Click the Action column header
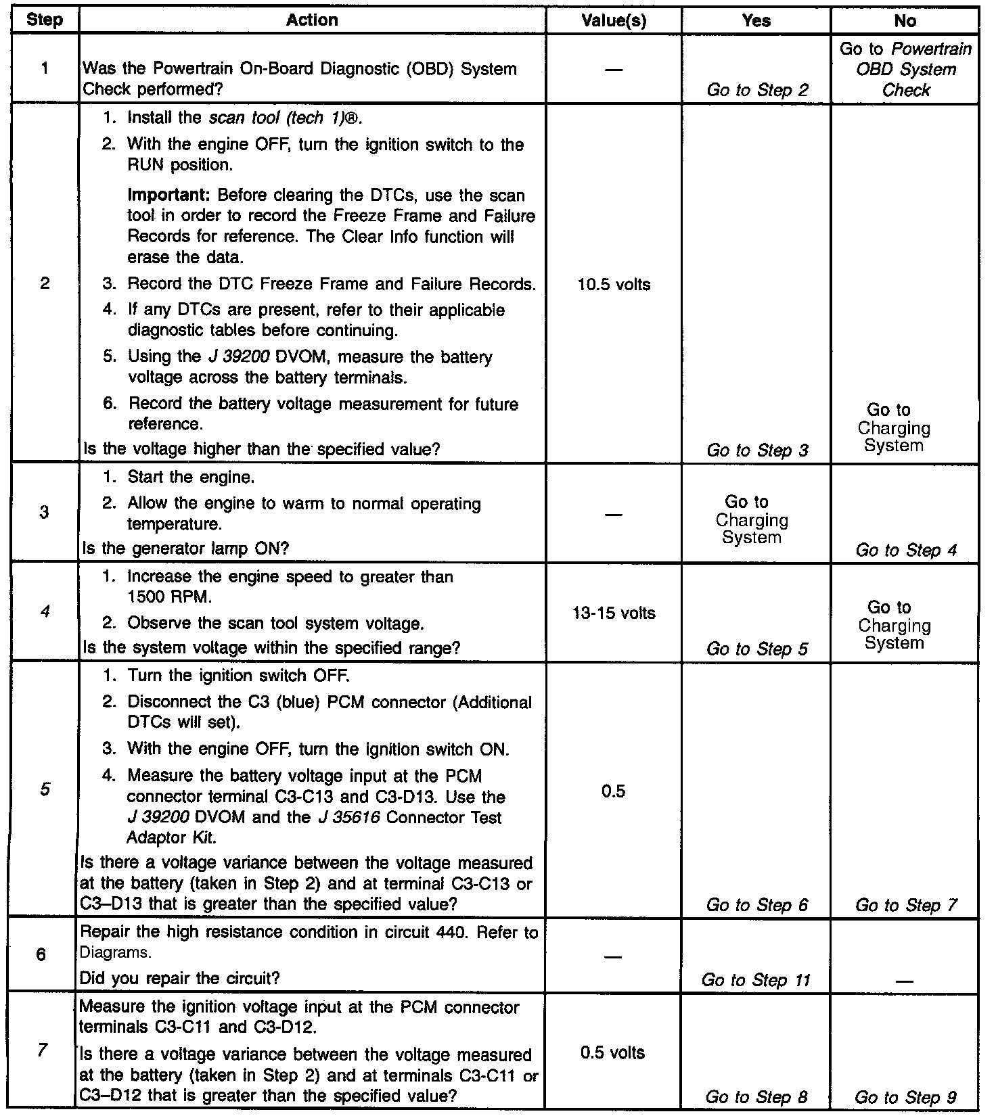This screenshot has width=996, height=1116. coord(312,20)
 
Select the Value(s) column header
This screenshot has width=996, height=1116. coord(614,21)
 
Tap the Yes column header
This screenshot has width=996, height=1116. coord(756,21)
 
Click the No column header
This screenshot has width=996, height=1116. coord(905,21)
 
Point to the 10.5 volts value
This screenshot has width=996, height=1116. coord(614,285)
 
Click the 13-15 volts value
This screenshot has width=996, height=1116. coord(614,613)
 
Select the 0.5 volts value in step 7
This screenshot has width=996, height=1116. coord(613,1053)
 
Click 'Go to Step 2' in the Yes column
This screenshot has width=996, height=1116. coord(757,90)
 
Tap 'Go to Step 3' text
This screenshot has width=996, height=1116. coord(757,450)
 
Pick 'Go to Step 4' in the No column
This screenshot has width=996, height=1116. coord(906,550)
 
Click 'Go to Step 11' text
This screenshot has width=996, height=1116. coord(756,980)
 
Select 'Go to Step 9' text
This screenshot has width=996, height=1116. coord(906,1098)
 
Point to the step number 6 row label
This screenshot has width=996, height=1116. coord(41,956)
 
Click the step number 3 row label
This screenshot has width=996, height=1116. coord(44,513)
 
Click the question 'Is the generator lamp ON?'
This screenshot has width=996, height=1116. coord(185,549)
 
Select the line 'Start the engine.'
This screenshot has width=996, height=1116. coord(191,478)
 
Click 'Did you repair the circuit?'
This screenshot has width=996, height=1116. coord(180,979)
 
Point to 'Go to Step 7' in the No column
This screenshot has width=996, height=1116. coord(906,906)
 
